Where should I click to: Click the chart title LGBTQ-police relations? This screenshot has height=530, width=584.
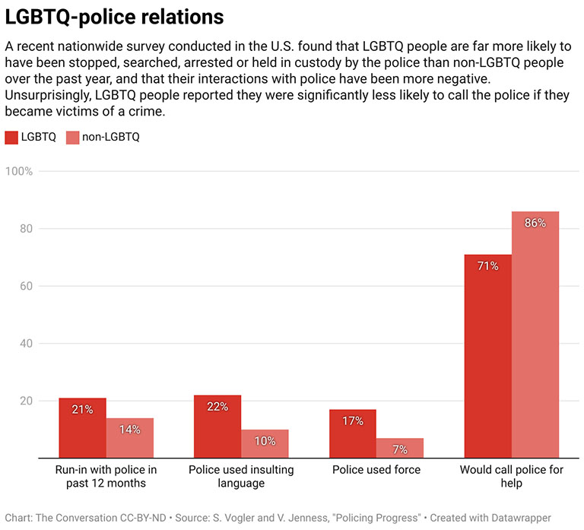tap(114, 16)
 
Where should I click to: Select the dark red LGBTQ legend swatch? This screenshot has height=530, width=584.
tap(11, 137)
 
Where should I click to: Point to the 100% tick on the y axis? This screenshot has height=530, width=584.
tap(19, 171)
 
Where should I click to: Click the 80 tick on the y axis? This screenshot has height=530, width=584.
tap(25, 229)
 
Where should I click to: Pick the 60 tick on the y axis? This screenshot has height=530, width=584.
tap(25, 287)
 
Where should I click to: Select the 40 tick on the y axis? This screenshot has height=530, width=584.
tap(25, 344)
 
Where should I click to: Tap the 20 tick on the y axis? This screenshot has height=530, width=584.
tap(25, 401)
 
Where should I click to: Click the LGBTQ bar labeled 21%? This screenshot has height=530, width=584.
tap(82, 430)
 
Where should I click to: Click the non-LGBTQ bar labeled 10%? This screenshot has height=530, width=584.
tap(265, 445)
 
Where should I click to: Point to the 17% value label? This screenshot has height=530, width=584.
tap(353, 421)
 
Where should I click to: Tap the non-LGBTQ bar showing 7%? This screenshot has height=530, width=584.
tap(400, 449)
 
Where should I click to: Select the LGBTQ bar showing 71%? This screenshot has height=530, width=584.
tap(488, 357)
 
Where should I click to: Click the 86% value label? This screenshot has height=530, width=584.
tap(535, 223)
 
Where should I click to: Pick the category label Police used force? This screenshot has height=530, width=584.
tap(376, 470)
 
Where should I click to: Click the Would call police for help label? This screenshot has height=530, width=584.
tap(512, 476)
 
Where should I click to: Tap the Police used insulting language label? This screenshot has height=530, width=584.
tap(241, 476)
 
